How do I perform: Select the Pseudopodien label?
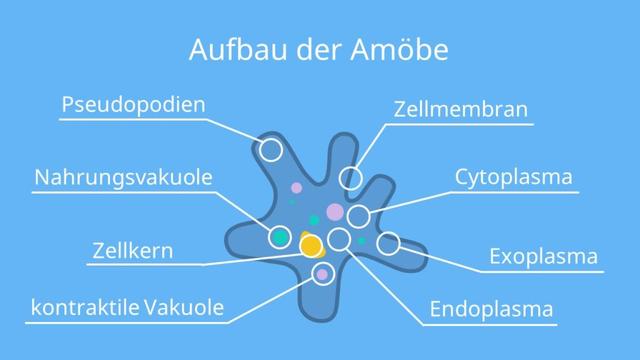[133, 104]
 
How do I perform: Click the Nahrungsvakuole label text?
[123, 178]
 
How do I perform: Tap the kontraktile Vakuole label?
[127, 307]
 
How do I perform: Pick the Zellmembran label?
[460, 109]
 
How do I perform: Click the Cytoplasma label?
[514, 178]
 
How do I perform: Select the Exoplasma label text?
[543, 256]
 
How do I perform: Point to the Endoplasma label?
[491, 309]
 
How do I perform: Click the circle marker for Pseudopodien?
[271, 150]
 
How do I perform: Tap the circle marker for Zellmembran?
[350, 179]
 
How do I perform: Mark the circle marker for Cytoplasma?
[358, 217]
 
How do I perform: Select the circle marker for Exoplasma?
[388, 242]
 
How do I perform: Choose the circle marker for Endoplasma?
[339, 239]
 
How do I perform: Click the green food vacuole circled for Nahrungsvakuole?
[281, 237]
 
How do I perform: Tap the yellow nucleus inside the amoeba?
[311, 245]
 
